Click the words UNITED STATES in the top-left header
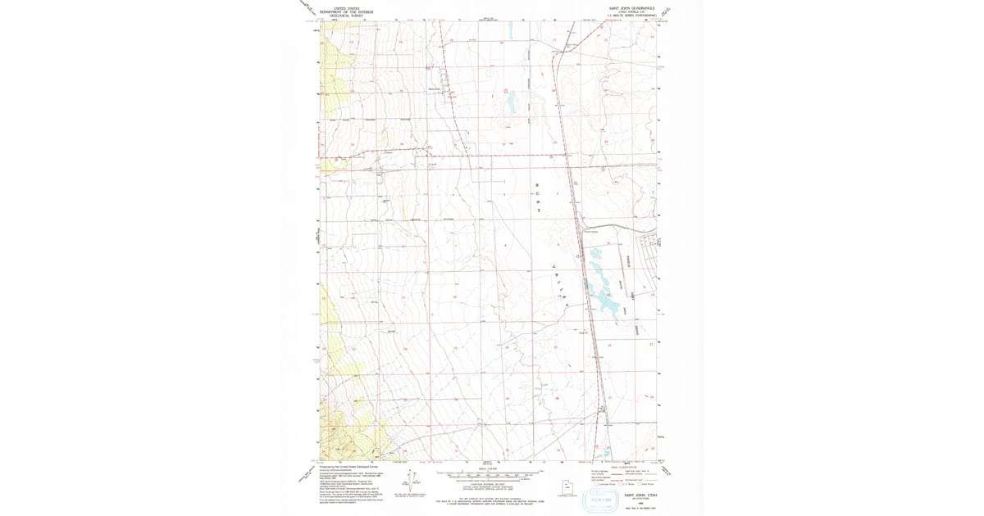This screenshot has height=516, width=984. [x=346, y=8]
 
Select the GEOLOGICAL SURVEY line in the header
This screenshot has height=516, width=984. [x=346, y=16]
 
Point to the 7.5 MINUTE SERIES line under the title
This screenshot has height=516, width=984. [x=631, y=16]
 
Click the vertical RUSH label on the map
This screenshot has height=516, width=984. [x=538, y=197]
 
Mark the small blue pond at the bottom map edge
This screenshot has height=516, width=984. [x=606, y=452]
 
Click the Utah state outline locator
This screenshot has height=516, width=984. [x=565, y=485]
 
